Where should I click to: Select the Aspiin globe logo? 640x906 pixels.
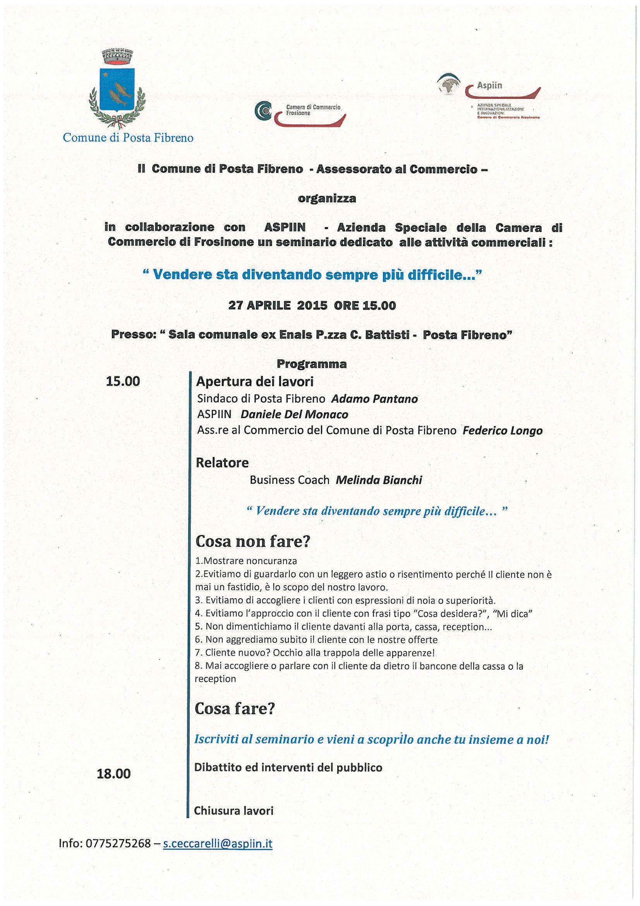449,84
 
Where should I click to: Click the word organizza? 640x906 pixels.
327,198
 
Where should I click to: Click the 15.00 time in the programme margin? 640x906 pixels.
123,381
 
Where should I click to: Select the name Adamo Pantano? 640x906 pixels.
374,399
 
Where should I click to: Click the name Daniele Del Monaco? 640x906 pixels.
294,414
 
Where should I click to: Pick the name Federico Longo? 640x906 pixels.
503,431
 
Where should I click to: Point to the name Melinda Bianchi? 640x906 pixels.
379,480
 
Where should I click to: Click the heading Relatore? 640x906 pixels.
222,462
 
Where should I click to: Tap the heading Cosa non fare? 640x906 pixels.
253,541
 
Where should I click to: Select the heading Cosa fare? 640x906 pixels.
235,709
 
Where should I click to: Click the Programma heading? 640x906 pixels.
312,364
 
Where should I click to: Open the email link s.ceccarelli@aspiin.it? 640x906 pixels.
218,844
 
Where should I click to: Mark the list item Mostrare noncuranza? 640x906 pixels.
246,561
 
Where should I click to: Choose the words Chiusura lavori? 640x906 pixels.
233,811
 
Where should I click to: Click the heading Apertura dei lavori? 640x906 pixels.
255,382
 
